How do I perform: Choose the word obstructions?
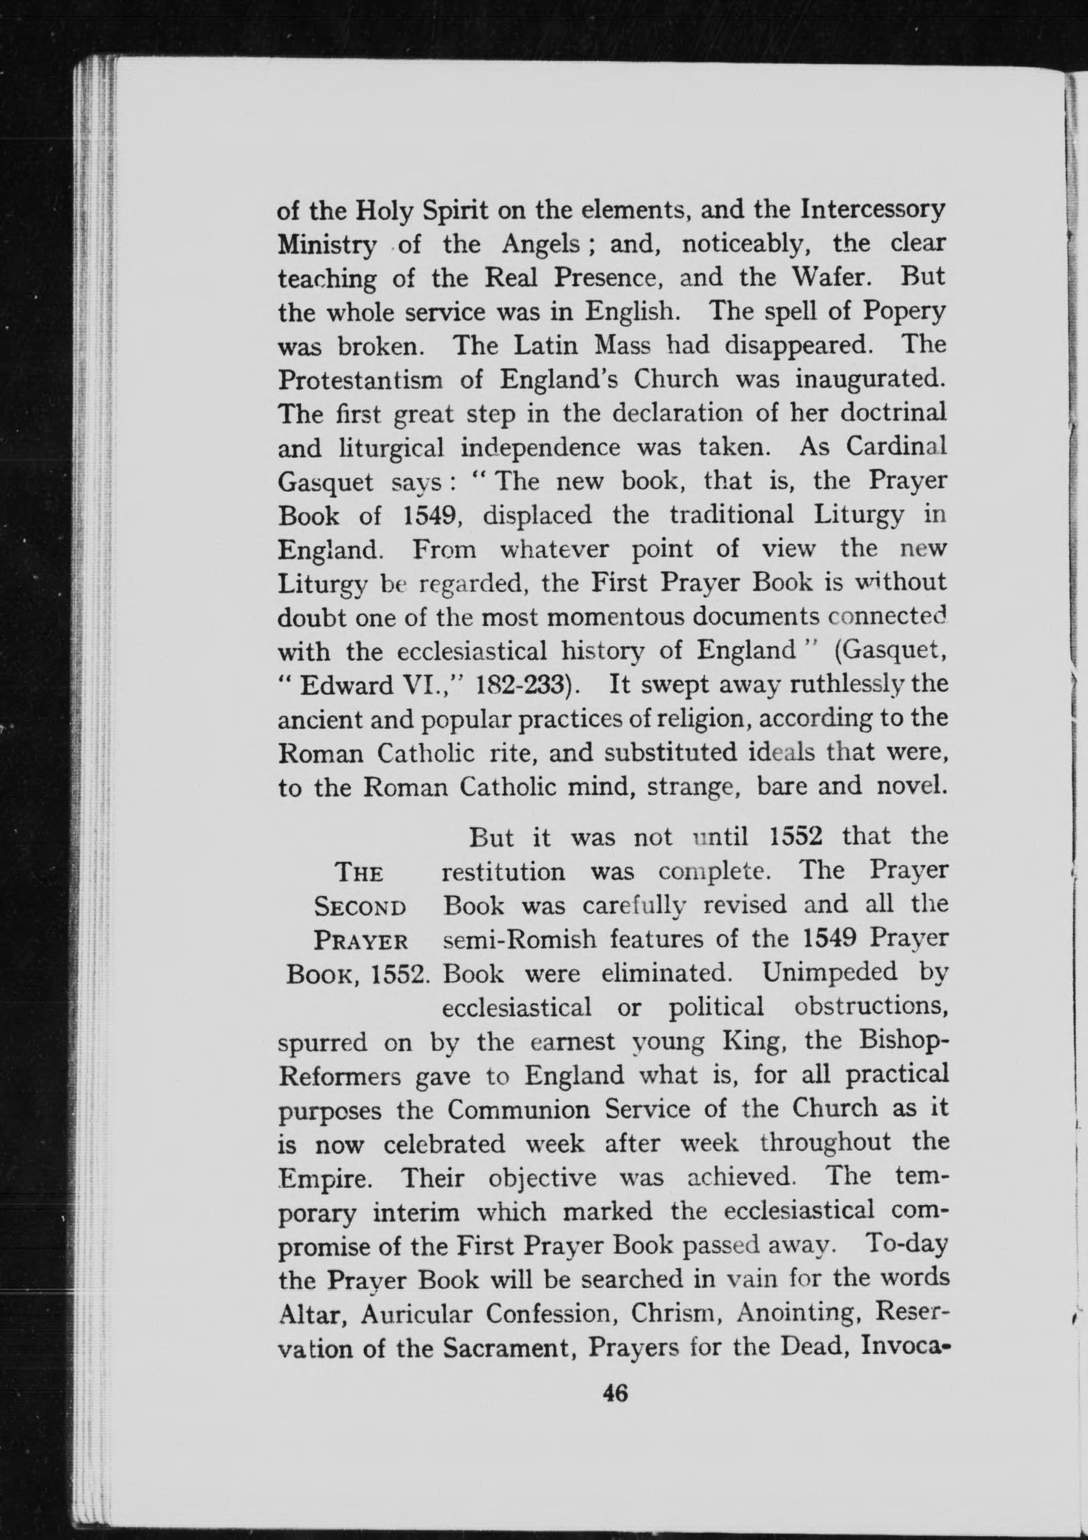[x=871, y=1008]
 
